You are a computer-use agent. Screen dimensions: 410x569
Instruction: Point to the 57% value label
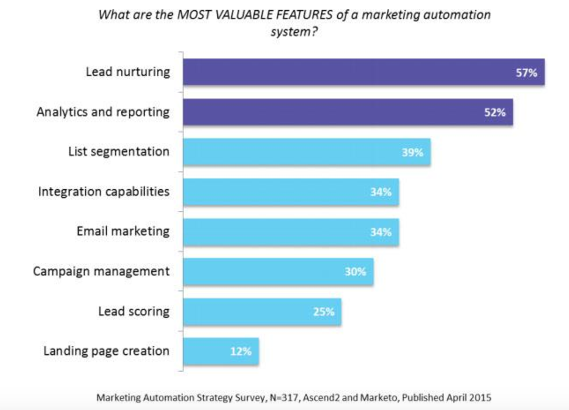coord(526,73)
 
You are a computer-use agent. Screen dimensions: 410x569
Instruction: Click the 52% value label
coord(494,113)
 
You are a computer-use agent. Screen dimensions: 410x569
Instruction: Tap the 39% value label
coord(412,153)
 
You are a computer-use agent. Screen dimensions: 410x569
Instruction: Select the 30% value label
coord(355,272)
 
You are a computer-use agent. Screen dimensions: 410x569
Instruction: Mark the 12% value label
coord(240,351)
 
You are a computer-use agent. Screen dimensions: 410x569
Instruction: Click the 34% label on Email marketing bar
coord(380,232)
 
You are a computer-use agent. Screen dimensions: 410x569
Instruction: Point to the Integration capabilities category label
coord(103,192)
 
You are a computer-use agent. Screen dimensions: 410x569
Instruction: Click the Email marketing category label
coord(123,231)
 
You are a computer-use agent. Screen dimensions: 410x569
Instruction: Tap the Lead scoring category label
coord(134,311)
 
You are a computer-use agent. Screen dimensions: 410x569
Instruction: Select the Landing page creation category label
coord(106,351)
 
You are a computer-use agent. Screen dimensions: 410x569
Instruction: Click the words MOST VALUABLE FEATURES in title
coord(254,15)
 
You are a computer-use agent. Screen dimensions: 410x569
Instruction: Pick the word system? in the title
coord(294,32)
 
